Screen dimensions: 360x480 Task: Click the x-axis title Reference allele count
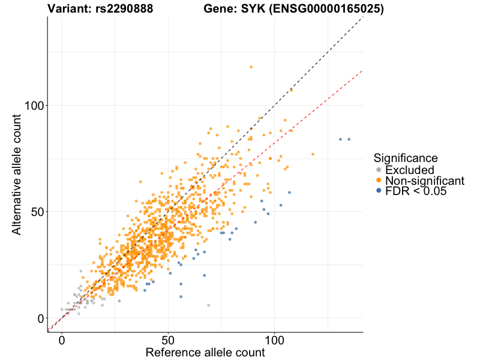coord(205,353)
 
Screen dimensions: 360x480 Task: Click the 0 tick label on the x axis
coord(62,340)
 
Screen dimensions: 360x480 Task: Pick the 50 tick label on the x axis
coord(168,340)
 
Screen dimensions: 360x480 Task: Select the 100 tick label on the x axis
coord(275,340)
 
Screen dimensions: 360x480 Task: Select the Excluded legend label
coord(410,170)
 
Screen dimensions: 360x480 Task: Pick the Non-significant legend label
coord(425,181)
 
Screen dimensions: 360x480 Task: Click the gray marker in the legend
coord(379,170)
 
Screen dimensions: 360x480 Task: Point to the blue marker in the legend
coord(379,191)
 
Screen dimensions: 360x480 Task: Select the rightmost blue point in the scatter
coord(349,139)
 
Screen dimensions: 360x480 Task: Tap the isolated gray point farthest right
coord(209,305)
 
